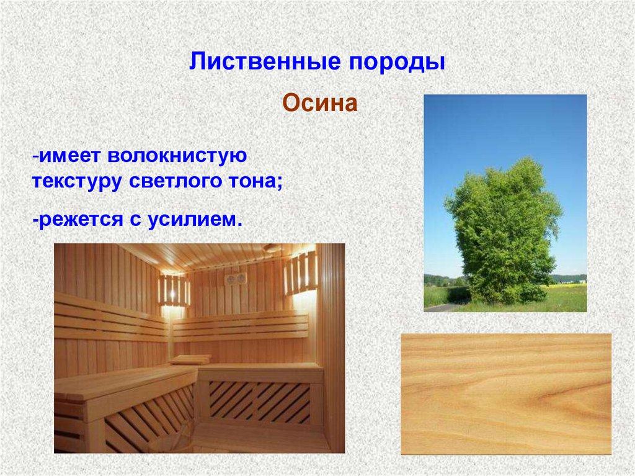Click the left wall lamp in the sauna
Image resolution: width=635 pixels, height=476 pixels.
click(173, 290)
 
